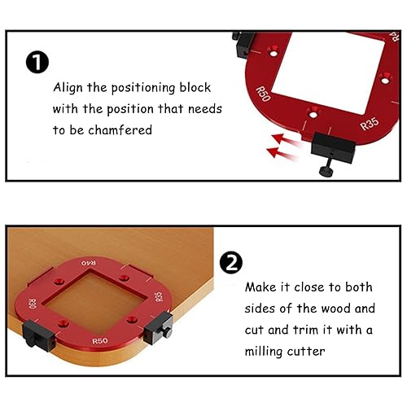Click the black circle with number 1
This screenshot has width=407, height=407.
click(37, 62)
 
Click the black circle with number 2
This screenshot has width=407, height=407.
click(231, 262)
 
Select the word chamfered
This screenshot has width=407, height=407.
click(120, 130)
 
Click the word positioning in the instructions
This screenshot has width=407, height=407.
click(143, 89)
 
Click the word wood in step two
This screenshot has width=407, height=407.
click(335, 309)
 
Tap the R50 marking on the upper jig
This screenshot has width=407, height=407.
click(263, 94)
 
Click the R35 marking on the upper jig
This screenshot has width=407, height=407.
click(370, 124)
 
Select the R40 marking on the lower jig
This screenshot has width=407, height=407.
click(89, 263)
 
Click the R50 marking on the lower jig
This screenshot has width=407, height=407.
click(100, 341)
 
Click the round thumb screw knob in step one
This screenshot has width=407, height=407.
click(326, 171)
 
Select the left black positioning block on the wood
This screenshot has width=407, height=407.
click(38, 336)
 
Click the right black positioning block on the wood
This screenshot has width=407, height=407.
click(158, 328)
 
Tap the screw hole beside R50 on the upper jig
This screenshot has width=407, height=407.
click(274, 51)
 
